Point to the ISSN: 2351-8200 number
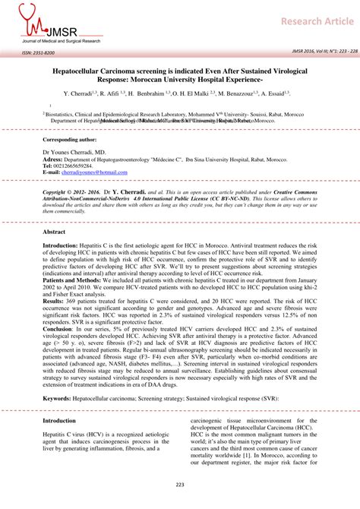point(38,52)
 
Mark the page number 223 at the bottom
point(180,485)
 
